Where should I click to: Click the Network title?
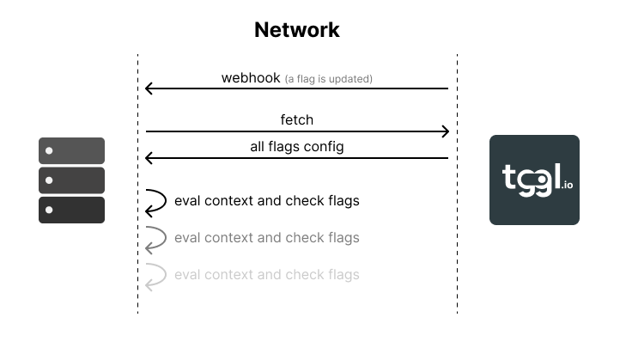tap(297, 30)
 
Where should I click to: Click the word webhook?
tap(251, 78)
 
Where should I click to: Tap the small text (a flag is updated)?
tap(329, 79)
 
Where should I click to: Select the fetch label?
tap(296, 120)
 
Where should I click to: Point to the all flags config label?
tap(297, 147)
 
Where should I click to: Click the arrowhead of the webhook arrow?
tap(149, 88)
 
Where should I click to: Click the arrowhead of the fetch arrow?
tap(445, 131)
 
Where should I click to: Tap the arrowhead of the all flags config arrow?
tap(149, 158)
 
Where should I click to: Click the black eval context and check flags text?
tap(266, 201)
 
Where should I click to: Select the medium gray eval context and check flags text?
tap(266, 237)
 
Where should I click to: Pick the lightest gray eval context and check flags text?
tap(266, 275)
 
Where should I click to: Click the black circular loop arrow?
tap(155, 201)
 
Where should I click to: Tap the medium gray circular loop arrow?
tap(155, 238)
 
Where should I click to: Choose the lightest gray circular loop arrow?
tap(155, 275)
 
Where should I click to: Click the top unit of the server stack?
tap(71, 150)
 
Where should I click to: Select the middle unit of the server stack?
tap(71, 180)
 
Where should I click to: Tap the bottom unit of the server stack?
tap(71, 210)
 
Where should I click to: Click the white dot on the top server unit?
tap(49, 151)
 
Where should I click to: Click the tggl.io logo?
tap(534, 180)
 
